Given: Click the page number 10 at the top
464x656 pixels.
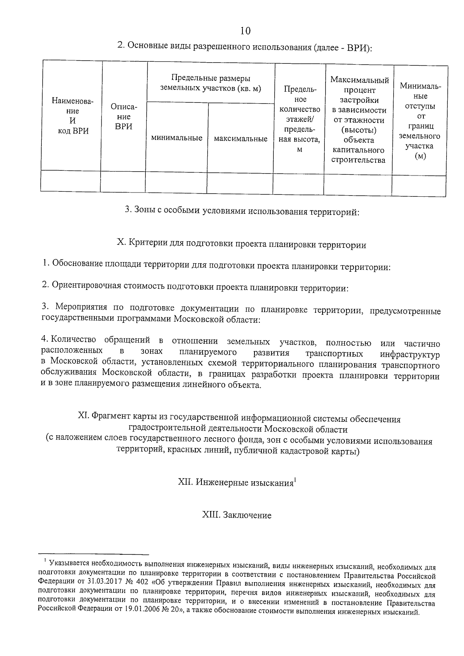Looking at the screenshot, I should [x=245, y=31].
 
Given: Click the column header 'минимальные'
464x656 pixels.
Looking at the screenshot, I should [x=177, y=138].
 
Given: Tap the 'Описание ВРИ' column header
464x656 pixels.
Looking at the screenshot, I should [x=124, y=116].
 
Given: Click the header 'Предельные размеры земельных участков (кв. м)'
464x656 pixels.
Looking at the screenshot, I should [x=211, y=83].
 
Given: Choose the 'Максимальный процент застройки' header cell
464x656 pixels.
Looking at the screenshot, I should [x=359, y=120].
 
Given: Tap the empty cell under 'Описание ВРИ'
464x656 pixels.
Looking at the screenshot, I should [x=123, y=182].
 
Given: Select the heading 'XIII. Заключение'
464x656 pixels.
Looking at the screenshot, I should [x=237, y=515].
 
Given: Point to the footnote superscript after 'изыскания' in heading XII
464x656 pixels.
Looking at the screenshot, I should [x=295, y=480].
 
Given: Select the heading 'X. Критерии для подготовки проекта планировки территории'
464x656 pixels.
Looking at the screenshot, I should [x=242, y=245].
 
